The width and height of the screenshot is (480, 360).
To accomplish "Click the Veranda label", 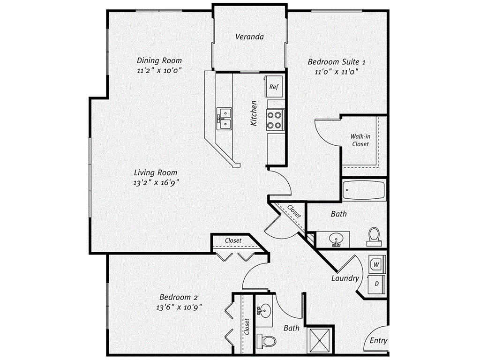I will [x=249, y=37].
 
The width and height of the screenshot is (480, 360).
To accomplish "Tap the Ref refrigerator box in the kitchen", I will [x=274, y=86].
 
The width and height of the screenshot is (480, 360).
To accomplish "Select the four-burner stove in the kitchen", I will [x=275, y=119].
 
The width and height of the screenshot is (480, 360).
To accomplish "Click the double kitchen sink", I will [x=224, y=118].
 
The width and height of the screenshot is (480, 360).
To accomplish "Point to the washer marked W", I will [x=376, y=264].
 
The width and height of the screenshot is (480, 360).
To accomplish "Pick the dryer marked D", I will [x=376, y=283].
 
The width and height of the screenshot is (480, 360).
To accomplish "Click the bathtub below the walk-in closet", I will [x=363, y=190].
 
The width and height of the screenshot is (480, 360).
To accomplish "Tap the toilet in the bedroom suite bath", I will [x=374, y=236].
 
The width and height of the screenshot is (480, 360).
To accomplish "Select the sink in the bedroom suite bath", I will [x=336, y=239].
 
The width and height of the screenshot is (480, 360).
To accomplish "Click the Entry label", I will [x=378, y=341].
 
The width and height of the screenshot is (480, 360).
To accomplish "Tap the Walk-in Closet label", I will [x=360, y=140].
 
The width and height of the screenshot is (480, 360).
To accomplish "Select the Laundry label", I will [x=345, y=278].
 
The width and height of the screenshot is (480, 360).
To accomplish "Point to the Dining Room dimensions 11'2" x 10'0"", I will [x=159, y=70].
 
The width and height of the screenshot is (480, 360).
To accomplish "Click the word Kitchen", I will [x=254, y=112].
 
